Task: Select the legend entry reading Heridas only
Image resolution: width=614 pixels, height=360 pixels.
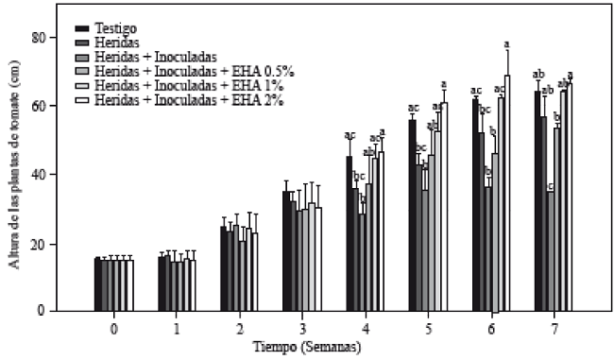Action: click(x=116, y=42)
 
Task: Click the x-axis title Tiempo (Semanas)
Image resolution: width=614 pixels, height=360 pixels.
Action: click(x=307, y=348)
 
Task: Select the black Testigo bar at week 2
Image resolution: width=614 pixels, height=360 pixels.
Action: click(x=223, y=268)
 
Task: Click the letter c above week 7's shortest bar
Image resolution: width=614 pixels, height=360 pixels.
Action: click(x=550, y=186)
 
